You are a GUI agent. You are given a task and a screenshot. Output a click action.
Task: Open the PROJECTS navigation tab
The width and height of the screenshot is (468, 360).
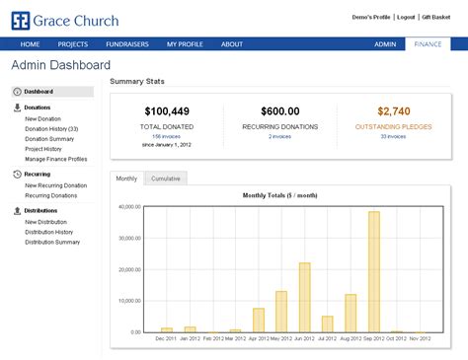[x=73, y=44]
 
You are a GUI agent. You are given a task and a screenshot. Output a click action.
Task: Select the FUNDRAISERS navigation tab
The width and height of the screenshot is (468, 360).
[x=126, y=44]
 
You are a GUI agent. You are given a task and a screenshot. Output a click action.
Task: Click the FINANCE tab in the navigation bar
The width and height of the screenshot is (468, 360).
[x=429, y=44]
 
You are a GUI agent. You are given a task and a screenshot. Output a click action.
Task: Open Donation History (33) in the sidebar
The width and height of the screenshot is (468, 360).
[x=51, y=128]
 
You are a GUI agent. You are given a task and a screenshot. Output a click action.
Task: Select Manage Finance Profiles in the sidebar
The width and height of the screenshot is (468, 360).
[x=56, y=159]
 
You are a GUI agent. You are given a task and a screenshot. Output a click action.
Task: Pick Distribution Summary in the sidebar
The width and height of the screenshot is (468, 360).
[x=52, y=242]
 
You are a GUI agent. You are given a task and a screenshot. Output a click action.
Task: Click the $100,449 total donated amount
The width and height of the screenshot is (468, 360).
[x=167, y=111]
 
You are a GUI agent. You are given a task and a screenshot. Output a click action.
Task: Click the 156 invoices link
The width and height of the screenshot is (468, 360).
[x=167, y=137]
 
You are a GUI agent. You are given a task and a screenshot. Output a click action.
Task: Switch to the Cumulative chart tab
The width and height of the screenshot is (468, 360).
[x=165, y=179]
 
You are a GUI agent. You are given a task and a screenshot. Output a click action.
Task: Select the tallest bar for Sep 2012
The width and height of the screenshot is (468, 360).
[x=374, y=271]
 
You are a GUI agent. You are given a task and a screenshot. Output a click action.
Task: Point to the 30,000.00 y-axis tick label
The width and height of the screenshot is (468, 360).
[x=129, y=239]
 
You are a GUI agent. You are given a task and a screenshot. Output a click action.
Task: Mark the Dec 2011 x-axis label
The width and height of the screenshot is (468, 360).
[x=165, y=338]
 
